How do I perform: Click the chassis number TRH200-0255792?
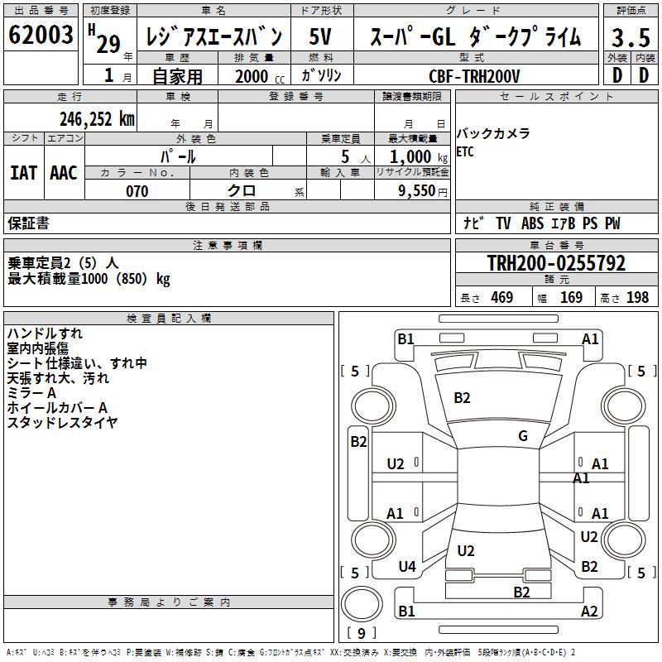pos(556,264)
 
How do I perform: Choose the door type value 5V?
pos(320,37)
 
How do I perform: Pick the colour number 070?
pos(137,191)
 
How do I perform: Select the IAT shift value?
pos(23,172)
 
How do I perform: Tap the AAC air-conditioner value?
pos(64,172)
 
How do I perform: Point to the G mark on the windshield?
pos(523,436)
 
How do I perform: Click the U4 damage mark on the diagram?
pos(406,567)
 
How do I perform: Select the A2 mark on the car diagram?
pos(589,612)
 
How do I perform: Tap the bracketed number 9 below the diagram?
pos(362,634)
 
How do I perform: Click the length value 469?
pos(501,298)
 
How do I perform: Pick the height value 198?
pos(637,298)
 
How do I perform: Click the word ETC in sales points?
pos(466,152)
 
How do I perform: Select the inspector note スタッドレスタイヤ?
pos(62,423)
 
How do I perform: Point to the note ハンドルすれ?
pos(45,333)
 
